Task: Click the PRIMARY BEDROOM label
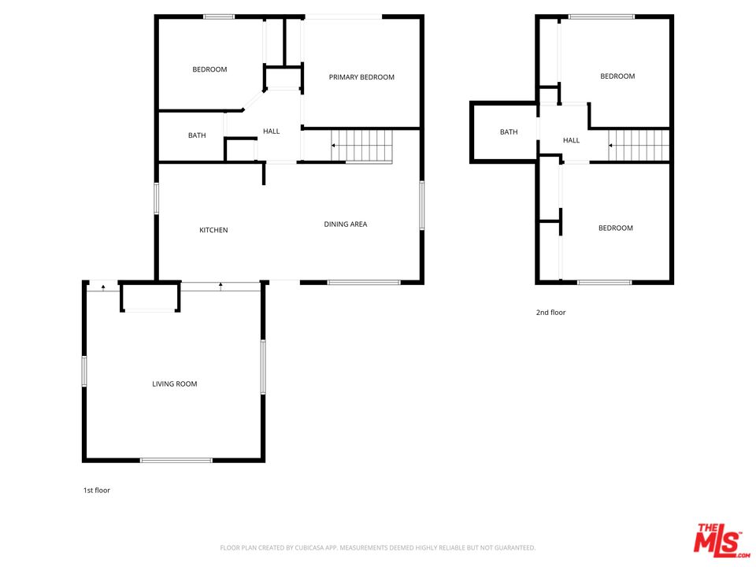click(x=361, y=77)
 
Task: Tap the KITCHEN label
click(x=213, y=230)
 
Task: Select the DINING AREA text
click(x=346, y=224)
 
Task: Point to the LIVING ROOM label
click(x=175, y=384)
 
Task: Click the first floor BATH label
click(x=197, y=135)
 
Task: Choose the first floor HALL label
click(x=271, y=132)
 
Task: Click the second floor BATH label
click(x=509, y=132)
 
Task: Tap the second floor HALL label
click(x=571, y=141)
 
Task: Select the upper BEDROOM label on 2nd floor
click(x=617, y=76)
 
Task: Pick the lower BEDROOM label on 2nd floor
click(x=615, y=228)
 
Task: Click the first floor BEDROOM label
click(x=209, y=69)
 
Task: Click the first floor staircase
click(x=362, y=146)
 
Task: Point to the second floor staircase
click(x=639, y=146)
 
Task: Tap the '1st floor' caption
click(x=97, y=491)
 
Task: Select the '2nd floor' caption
click(x=551, y=313)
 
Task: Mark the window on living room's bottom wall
click(x=176, y=460)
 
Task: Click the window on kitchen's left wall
click(x=157, y=198)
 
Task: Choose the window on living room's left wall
click(x=83, y=371)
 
